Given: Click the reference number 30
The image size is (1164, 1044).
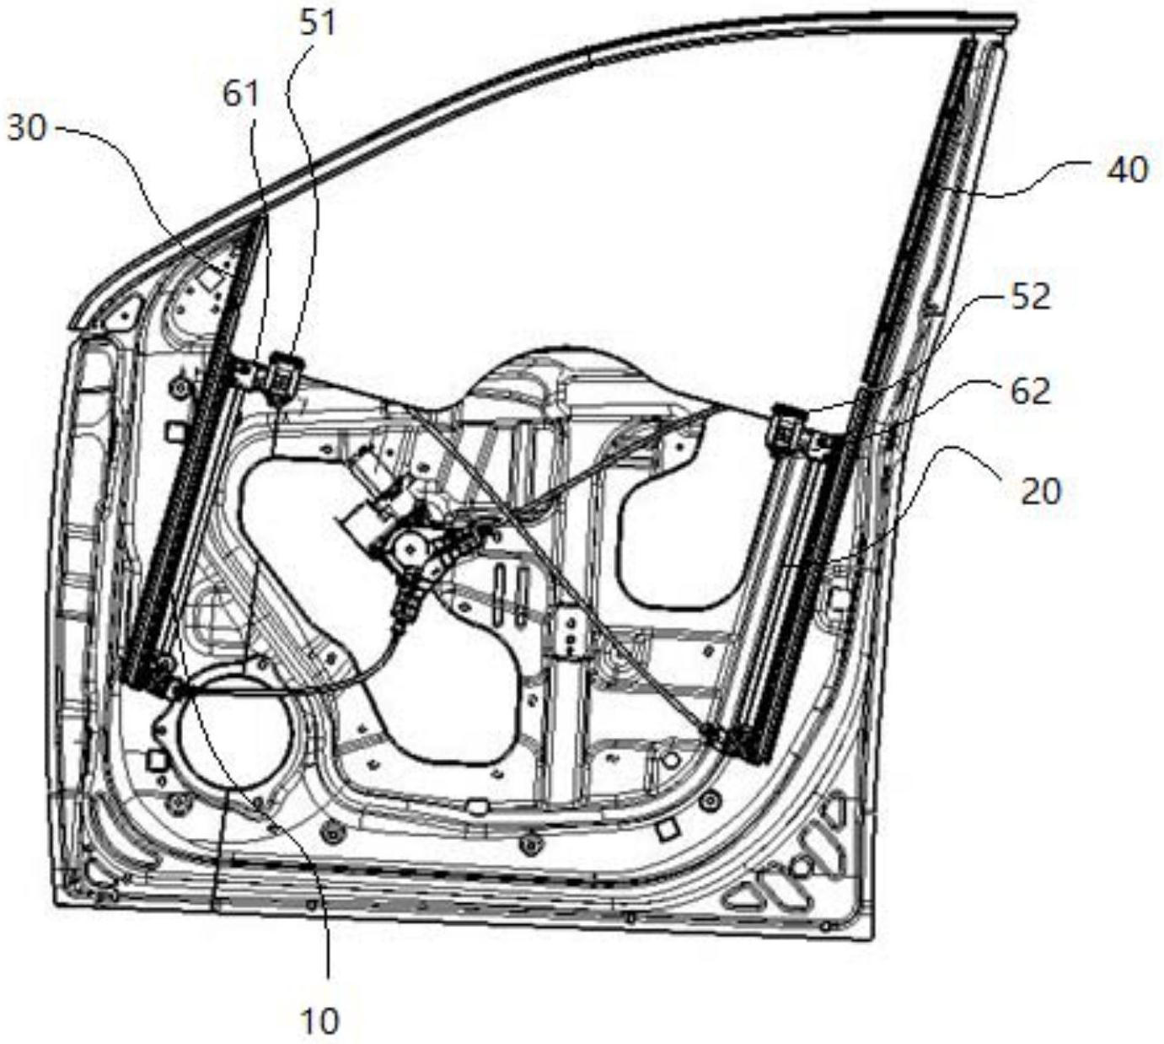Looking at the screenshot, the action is pos(26,128).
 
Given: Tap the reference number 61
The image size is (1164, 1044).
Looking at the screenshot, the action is pos(241,94).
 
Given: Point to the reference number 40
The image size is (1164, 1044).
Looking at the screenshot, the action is pos(1129,170).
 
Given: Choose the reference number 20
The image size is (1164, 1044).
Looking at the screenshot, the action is pos(1039,492).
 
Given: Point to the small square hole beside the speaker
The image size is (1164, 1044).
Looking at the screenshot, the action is pos(156,761).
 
